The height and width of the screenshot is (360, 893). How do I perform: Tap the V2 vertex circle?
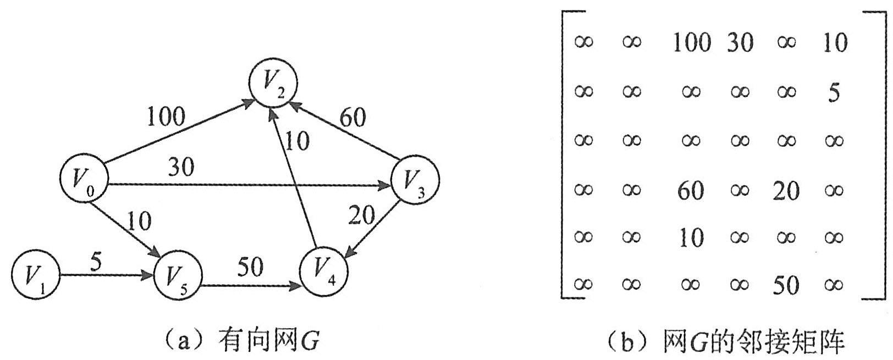click(273, 84)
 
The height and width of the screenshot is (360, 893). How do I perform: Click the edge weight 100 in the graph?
click(166, 116)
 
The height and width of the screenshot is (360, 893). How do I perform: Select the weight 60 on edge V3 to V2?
click(352, 117)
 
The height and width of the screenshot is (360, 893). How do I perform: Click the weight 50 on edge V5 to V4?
click(250, 268)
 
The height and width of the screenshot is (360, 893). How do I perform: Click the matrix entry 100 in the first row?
click(692, 42)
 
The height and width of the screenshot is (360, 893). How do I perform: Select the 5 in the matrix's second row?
click(834, 92)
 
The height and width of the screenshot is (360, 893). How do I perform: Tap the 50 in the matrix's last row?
click(786, 285)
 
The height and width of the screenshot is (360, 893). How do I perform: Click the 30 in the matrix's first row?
click(740, 42)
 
